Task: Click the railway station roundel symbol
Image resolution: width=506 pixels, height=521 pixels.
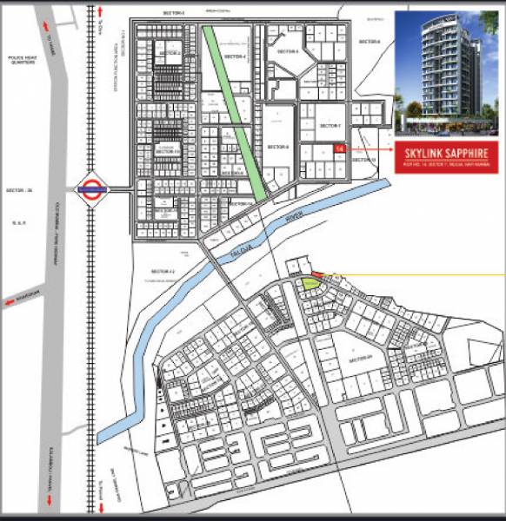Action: pyautogui.click(x=91, y=187)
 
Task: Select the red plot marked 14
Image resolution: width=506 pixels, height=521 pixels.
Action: pyautogui.click(x=338, y=148)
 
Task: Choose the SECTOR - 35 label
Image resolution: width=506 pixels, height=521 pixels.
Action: pyautogui.click(x=18, y=190)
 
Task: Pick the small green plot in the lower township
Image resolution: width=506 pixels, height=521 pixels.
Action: pyautogui.click(x=309, y=282)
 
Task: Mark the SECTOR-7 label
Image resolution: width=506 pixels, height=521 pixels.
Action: pyautogui.click(x=330, y=126)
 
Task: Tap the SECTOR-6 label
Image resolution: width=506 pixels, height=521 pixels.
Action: pyautogui.click(x=277, y=146)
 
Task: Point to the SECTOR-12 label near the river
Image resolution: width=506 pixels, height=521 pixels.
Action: pyautogui.click(x=162, y=271)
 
